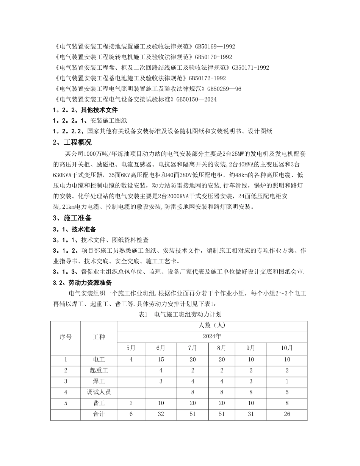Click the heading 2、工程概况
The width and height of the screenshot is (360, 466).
click(72, 143)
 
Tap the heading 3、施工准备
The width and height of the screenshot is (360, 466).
click(72, 218)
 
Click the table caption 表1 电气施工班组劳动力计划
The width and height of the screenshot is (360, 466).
click(180, 314)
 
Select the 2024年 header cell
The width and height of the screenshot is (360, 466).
click(212, 336)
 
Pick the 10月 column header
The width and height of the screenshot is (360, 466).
click(287, 348)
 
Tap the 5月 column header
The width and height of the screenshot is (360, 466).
click(131, 348)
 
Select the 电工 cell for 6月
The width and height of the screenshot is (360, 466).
click(161, 360)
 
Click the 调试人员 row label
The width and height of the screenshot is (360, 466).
click(99, 392)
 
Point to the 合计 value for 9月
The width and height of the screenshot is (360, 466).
click(250, 414)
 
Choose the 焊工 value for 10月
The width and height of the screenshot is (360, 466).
click(287, 381)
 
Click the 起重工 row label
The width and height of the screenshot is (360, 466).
click(99, 371)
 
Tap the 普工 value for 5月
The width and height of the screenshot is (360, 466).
click(131, 403)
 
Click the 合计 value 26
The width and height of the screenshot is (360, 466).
click(287, 414)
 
